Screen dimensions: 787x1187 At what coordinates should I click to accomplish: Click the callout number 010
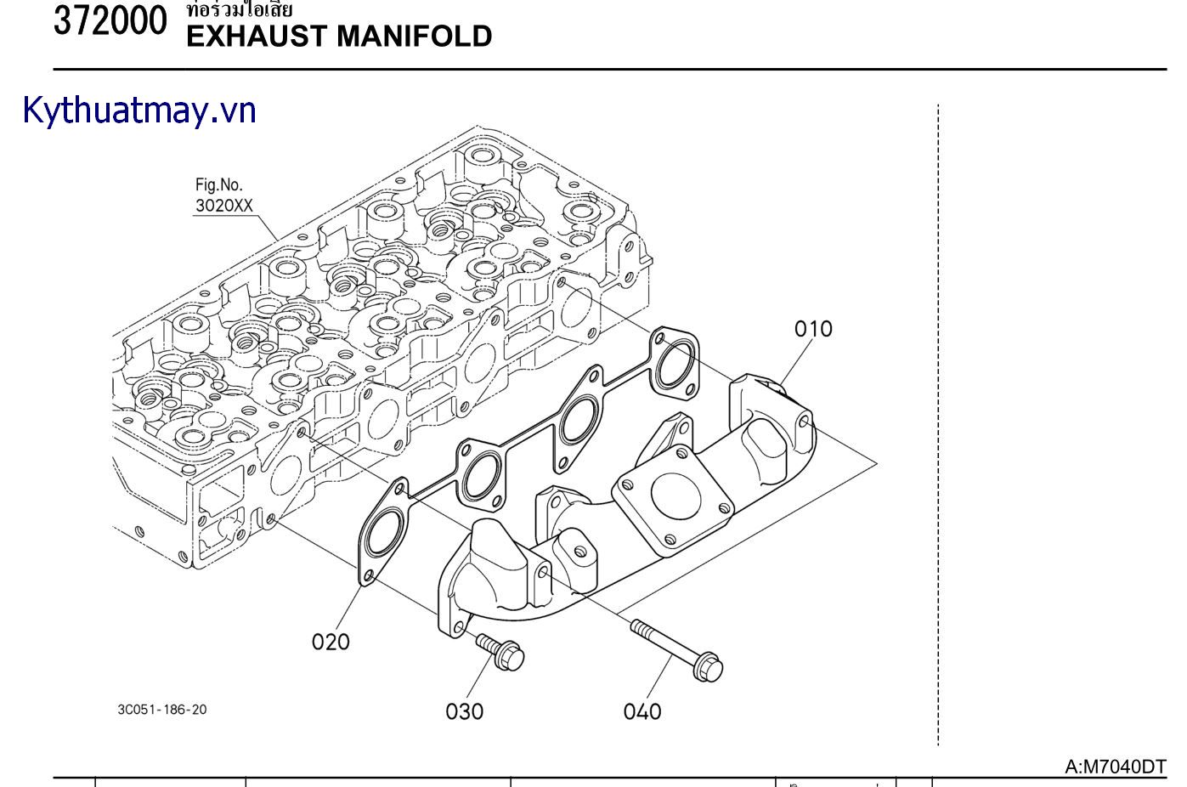coord(813,329)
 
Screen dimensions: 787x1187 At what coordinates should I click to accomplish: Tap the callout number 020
coord(331,642)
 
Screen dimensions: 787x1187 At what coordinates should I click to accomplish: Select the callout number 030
coord(464,711)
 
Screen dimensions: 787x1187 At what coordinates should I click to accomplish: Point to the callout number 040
coord(642,711)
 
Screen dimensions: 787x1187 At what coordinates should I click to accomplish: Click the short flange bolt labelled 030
coord(500,650)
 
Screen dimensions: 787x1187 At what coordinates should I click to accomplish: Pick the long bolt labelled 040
coord(675,648)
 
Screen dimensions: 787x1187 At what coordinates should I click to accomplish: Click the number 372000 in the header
coord(110,22)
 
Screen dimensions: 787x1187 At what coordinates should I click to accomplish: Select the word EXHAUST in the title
coord(256,37)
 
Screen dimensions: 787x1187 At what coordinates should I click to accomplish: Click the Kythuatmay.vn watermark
coord(139,111)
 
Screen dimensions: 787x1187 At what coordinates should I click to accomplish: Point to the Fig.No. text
coord(218,184)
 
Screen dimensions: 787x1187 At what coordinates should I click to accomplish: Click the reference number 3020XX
coord(224,206)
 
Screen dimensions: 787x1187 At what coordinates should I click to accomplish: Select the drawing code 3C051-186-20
coord(161,710)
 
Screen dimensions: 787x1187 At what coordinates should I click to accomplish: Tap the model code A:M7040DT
coord(1116,767)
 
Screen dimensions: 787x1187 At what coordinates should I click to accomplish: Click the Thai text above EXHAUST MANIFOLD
coord(240,10)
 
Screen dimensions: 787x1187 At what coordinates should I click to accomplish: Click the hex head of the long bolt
coord(709,666)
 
